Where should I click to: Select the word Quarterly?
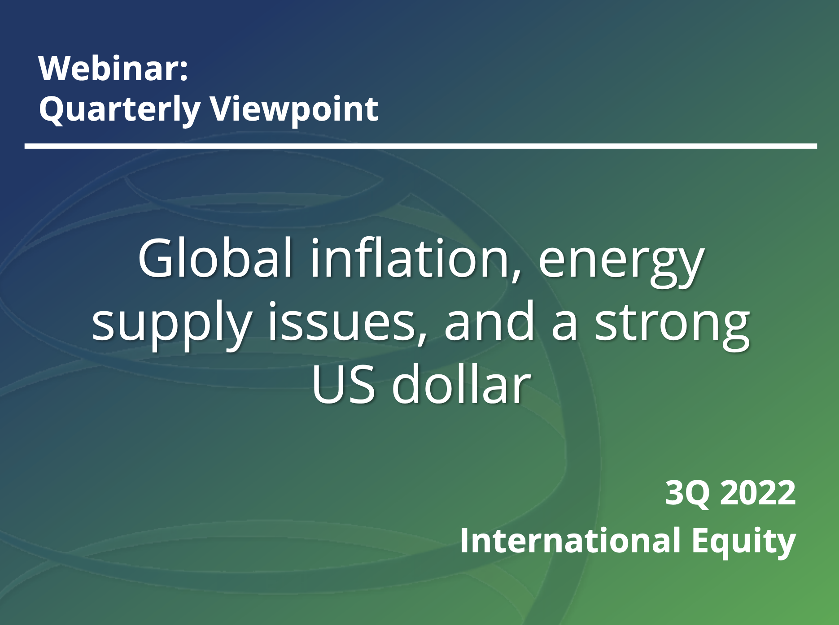120,110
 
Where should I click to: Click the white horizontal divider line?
420,146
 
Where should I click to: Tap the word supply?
171,325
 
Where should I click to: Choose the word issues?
342,321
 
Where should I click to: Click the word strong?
672,325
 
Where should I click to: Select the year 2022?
758,493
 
